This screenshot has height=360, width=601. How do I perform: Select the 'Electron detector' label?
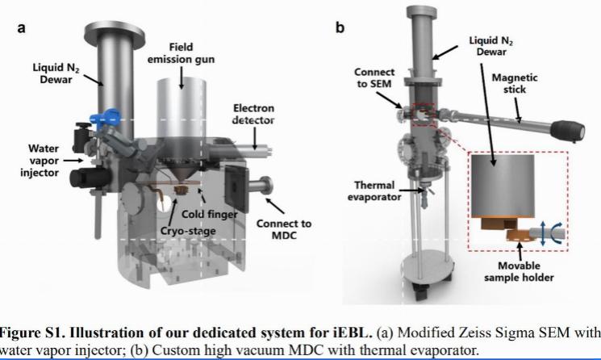(253, 114)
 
